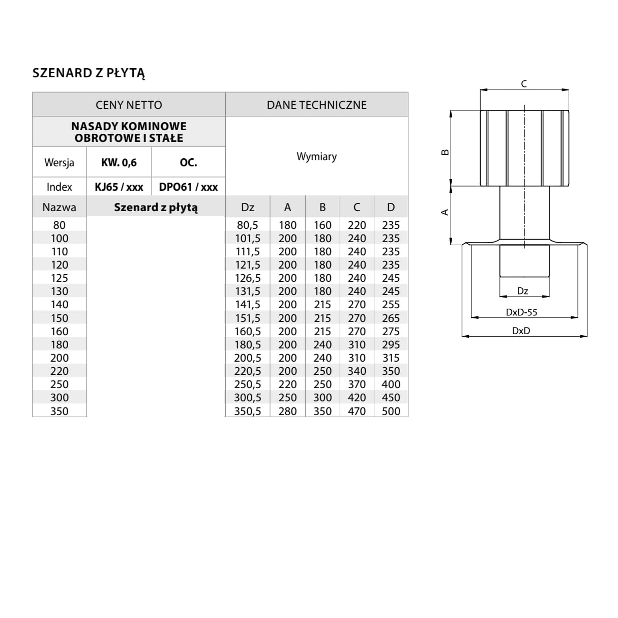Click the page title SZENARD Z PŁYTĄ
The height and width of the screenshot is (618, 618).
(x=89, y=73)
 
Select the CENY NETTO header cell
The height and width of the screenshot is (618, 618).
(x=129, y=105)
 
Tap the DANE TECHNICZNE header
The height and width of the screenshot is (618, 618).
(x=316, y=105)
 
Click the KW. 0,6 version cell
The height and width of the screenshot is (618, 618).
(x=119, y=163)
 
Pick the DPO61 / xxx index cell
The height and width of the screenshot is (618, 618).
(x=188, y=187)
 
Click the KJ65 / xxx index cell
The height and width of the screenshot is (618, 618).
(x=119, y=187)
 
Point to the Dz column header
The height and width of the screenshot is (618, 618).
(x=248, y=207)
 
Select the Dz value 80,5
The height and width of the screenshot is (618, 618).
(x=248, y=225)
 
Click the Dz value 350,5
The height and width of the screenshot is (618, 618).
(x=248, y=411)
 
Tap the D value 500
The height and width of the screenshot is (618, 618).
(x=391, y=411)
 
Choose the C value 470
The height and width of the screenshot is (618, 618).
(x=357, y=411)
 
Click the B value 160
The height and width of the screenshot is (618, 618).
(x=322, y=225)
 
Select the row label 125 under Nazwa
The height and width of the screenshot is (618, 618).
(x=60, y=278)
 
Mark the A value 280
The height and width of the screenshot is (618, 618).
(x=287, y=411)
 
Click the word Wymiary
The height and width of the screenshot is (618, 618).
(x=316, y=157)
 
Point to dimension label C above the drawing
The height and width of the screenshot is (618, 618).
(x=524, y=84)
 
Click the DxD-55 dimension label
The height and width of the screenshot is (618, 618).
(x=521, y=312)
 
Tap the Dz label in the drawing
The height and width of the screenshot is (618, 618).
(x=522, y=291)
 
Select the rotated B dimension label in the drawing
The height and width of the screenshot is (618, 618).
(x=445, y=152)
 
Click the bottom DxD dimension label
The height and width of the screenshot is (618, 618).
(x=521, y=331)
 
